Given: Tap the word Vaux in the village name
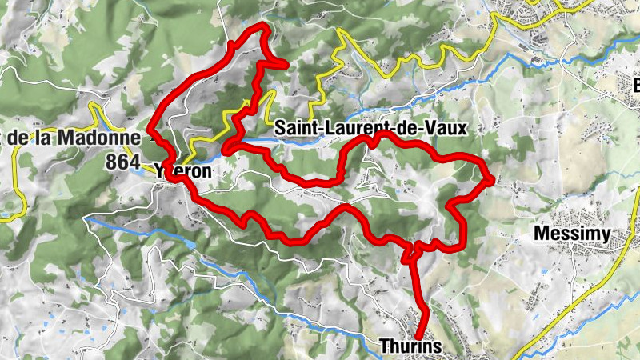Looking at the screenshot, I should click(x=446, y=128).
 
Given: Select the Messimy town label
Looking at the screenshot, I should click(x=572, y=234).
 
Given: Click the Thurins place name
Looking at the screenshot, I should click(x=410, y=346).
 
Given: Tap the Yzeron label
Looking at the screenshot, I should click(x=184, y=171).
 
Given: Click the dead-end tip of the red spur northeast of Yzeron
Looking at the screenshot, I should click(x=285, y=65).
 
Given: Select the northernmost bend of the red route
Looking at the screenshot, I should click(x=260, y=28).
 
